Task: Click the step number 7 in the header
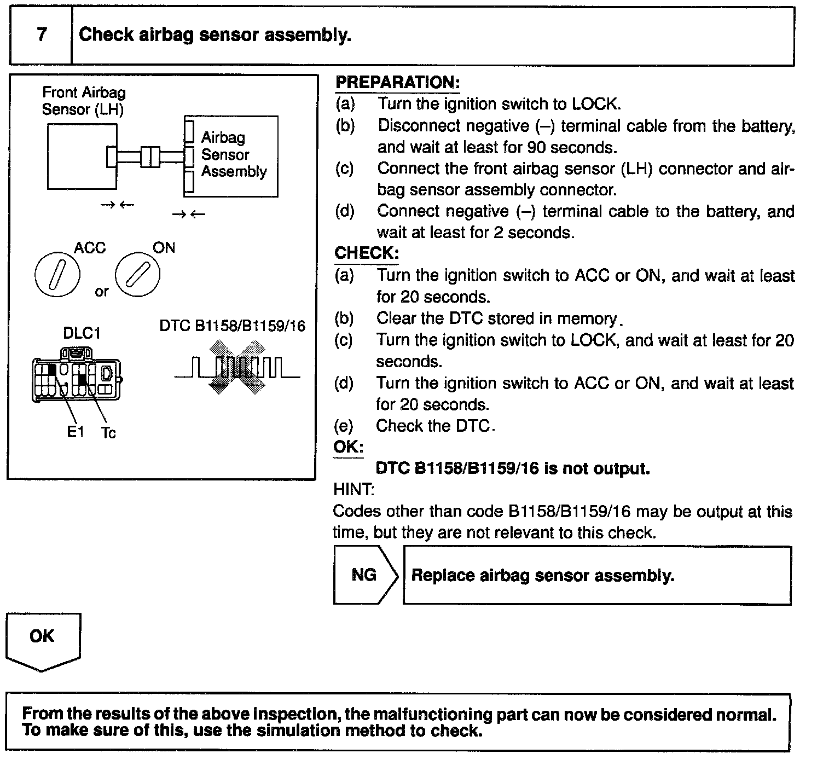42,35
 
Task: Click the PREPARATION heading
397,83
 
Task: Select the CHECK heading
366,253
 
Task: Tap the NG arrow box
365,575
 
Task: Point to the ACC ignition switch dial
57,274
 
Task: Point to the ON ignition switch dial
137,274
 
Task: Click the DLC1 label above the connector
82,333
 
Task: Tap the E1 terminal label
76,432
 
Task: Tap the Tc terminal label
109,433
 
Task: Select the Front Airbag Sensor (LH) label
84,101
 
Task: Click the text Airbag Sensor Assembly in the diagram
233,154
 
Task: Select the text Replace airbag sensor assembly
542,576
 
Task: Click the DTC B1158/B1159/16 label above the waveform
232,326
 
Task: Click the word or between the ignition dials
102,292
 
